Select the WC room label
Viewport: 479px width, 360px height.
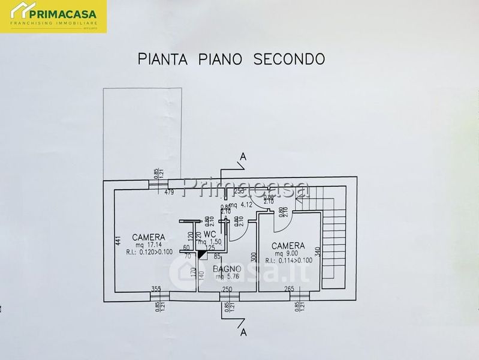pos(209,233)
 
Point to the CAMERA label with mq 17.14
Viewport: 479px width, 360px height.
pos(149,236)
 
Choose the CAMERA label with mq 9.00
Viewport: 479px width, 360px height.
pos(288,246)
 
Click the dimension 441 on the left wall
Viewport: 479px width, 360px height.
pos(119,241)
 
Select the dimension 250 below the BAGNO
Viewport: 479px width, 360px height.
pos(227,290)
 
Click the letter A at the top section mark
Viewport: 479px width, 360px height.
pos(242,158)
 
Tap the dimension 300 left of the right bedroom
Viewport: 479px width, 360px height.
pos(254,256)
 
